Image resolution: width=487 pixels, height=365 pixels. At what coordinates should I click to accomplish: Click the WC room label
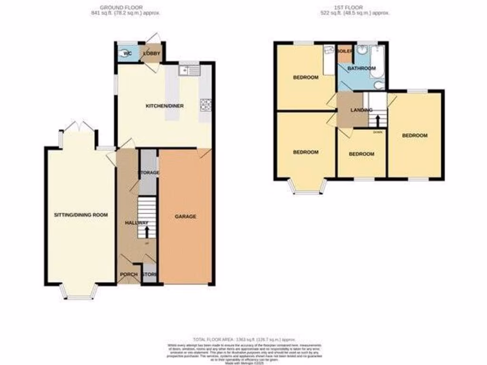tap(127, 53)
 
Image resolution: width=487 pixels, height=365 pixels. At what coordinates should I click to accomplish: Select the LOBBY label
tap(153, 53)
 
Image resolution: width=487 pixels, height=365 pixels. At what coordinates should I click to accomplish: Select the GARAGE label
tap(185, 217)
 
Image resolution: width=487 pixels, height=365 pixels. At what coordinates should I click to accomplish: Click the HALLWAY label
tap(136, 223)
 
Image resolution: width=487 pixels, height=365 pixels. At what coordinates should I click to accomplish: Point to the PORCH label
tap(128, 275)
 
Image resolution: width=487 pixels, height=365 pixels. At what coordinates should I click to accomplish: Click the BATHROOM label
tap(361, 68)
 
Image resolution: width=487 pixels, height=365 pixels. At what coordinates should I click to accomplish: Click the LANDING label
tap(361, 110)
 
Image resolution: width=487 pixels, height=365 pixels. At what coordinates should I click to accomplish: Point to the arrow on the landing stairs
tap(379, 119)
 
